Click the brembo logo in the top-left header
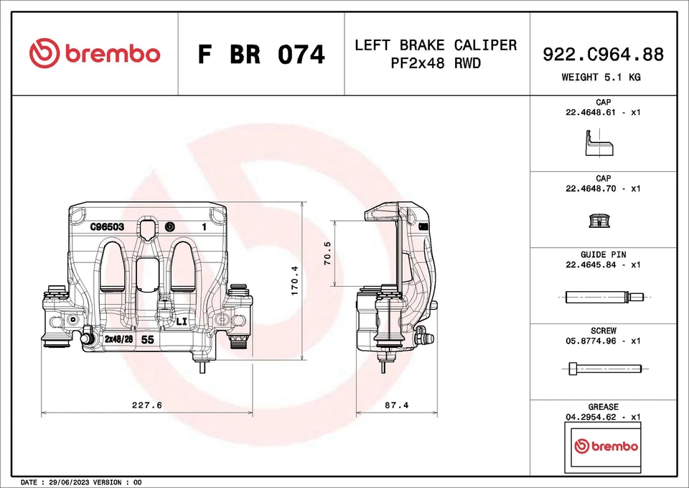coord(95,54)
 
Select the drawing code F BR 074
coord(261,55)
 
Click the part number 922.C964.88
coord(603,54)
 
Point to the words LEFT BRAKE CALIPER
coord(435,45)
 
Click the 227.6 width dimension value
coord(147,405)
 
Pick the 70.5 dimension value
coord(328,254)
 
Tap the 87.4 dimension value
coord(396,405)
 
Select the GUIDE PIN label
coord(603,254)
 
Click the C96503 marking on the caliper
coord(108,226)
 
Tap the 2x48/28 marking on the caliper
coord(118,339)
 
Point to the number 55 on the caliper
coord(147,339)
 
